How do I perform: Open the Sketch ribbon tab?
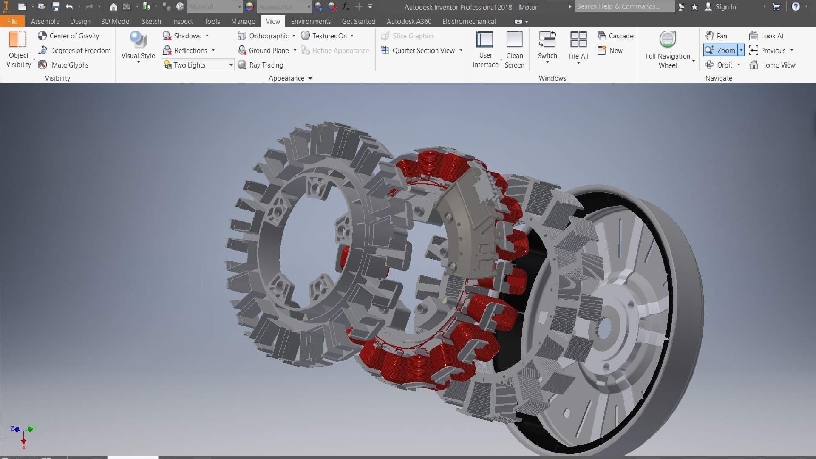point(151,21)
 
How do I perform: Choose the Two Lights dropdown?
point(198,65)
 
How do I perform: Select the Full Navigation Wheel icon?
point(667,40)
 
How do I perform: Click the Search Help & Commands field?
point(623,7)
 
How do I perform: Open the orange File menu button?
point(12,21)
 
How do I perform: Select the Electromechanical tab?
point(469,21)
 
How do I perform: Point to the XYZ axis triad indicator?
point(23,433)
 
